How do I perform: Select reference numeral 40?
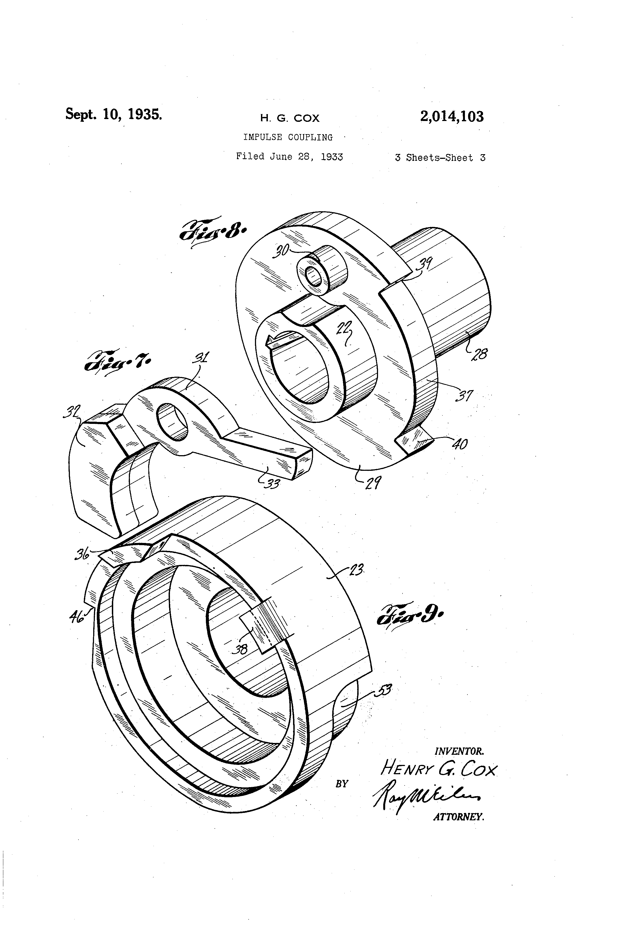pyautogui.click(x=460, y=444)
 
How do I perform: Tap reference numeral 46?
pyautogui.click(x=77, y=616)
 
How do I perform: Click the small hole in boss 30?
pyautogui.click(x=314, y=276)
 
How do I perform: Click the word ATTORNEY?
pyautogui.click(x=458, y=817)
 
